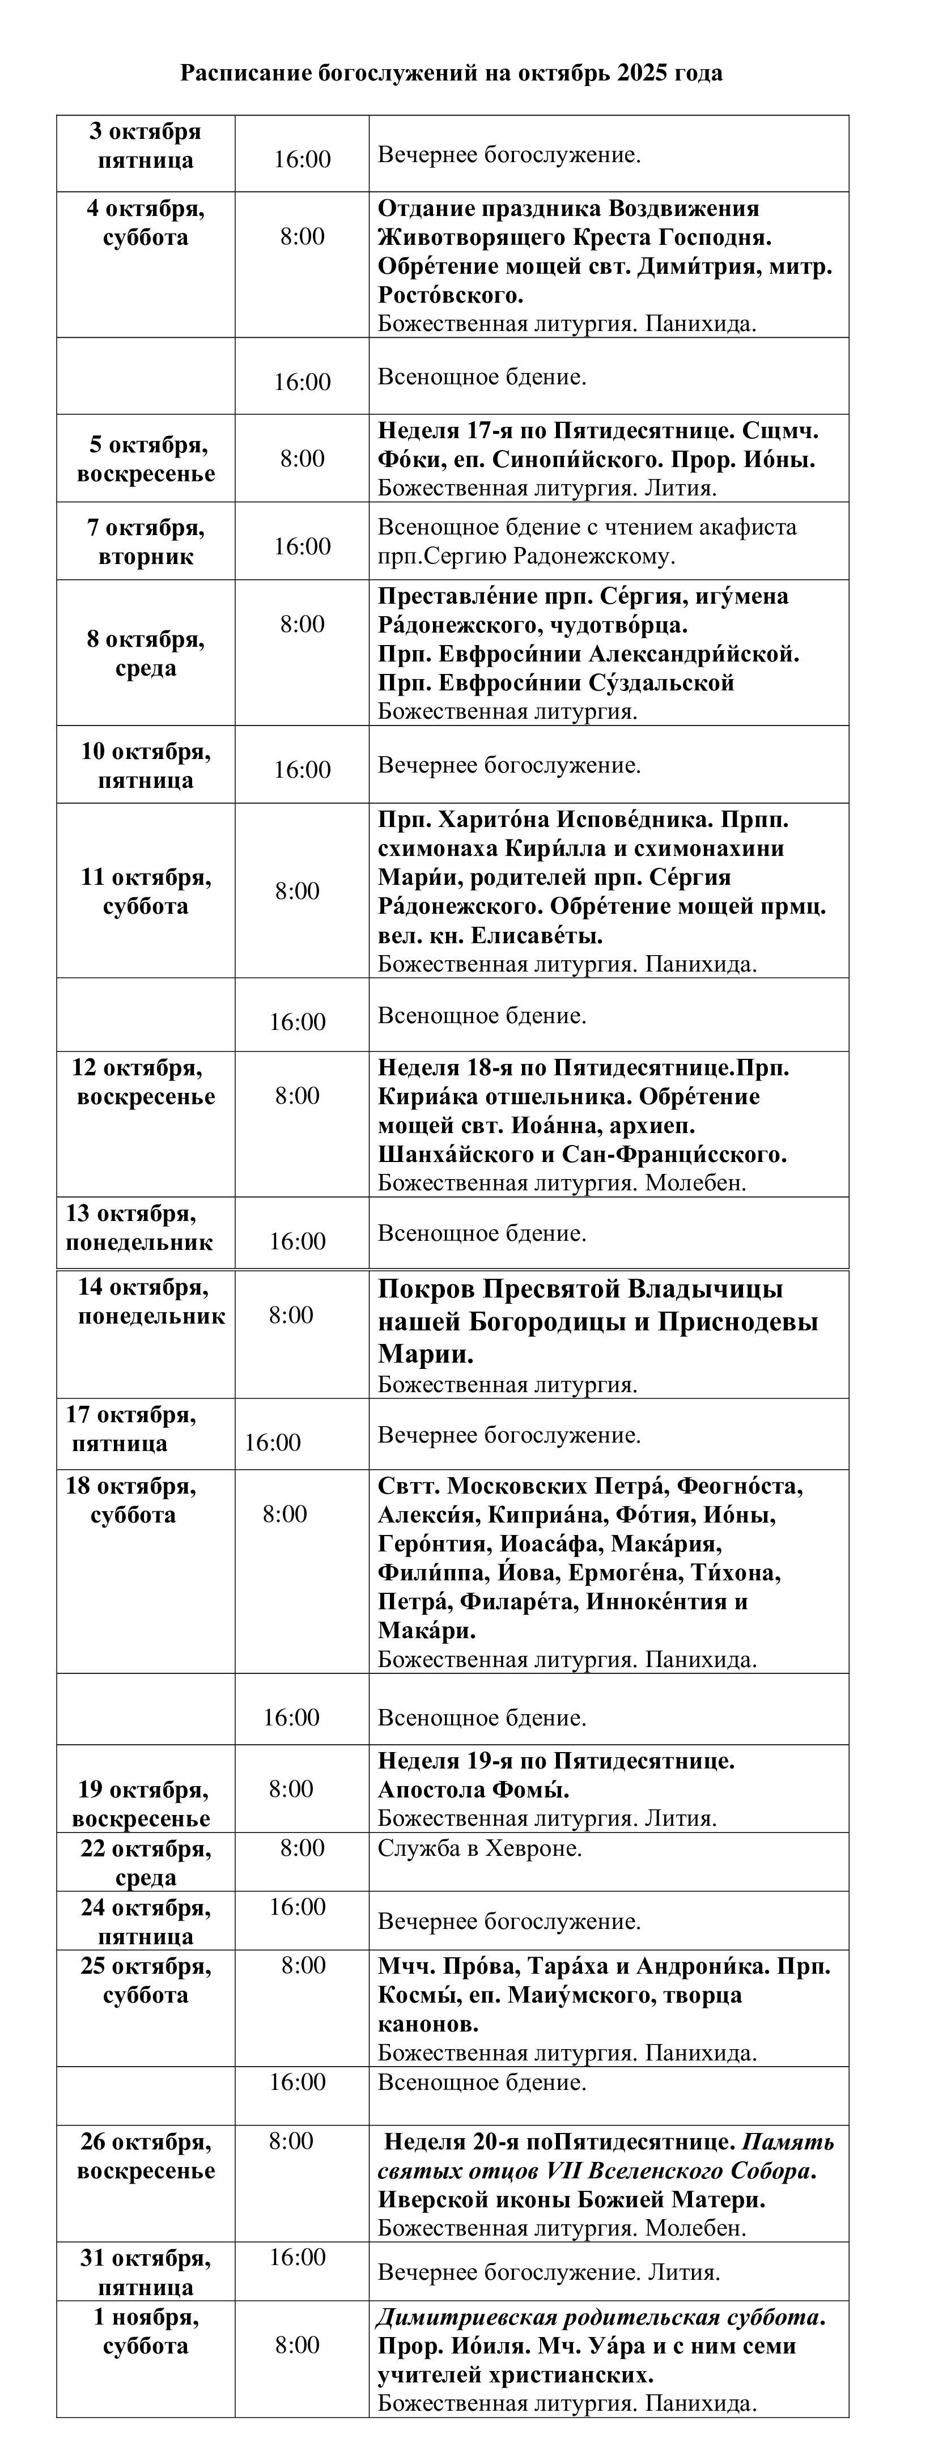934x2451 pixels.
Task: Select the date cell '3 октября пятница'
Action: click(x=146, y=146)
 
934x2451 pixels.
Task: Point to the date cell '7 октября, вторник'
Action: click(x=146, y=542)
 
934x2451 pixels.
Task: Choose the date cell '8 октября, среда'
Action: click(x=146, y=654)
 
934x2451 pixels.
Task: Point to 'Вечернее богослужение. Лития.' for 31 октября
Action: click(x=549, y=2273)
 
